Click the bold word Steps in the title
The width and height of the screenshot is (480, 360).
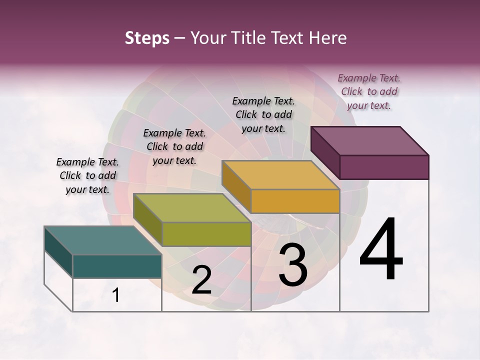click(x=147, y=38)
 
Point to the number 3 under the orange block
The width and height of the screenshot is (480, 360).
click(x=293, y=265)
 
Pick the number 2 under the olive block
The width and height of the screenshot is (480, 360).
click(x=201, y=280)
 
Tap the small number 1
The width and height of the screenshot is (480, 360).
click(x=115, y=295)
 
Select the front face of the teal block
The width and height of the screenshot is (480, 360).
click(x=117, y=266)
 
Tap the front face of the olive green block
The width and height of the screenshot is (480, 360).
click(x=206, y=234)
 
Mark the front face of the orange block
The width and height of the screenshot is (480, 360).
click(x=295, y=201)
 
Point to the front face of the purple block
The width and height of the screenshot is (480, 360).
click(x=384, y=167)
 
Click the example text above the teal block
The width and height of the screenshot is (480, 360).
click(x=87, y=175)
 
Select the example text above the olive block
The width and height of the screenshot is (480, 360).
click(x=174, y=146)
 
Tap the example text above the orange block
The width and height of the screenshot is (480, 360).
click(x=263, y=114)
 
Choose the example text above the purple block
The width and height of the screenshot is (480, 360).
click(x=369, y=91)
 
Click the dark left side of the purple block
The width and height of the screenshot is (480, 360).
click(x=325, y=152)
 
